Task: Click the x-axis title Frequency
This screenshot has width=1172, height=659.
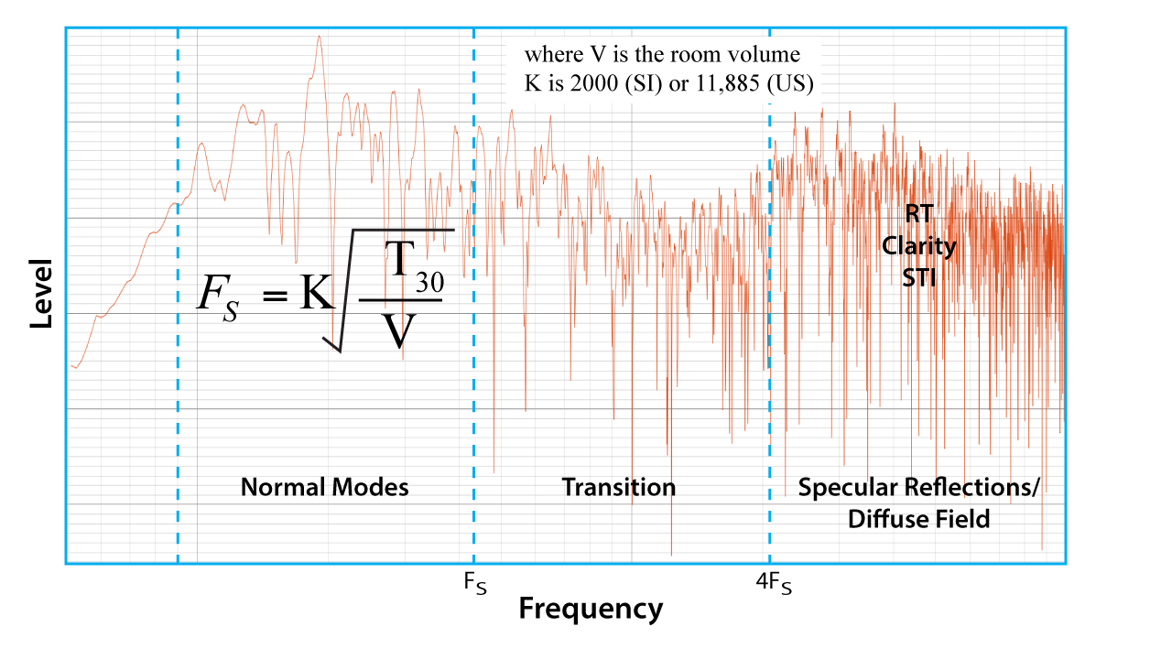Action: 591,609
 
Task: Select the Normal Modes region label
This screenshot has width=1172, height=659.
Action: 324,487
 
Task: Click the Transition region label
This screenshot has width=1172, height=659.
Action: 619,487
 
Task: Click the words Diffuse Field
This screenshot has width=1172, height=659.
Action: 918,520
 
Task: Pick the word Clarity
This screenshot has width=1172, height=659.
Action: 919,246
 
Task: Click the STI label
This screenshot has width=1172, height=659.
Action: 919,277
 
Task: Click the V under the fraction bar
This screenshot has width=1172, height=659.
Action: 399,334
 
